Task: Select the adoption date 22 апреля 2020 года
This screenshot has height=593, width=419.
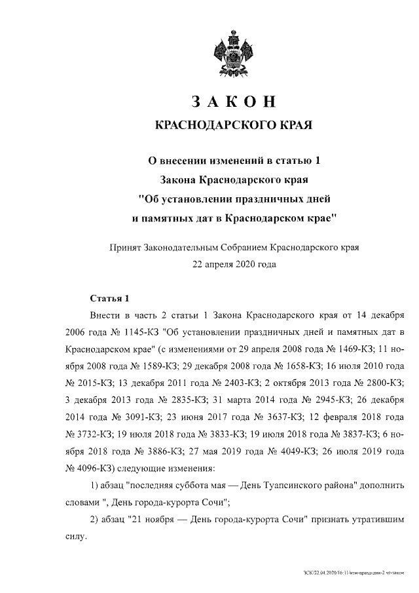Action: click(234, 265)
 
